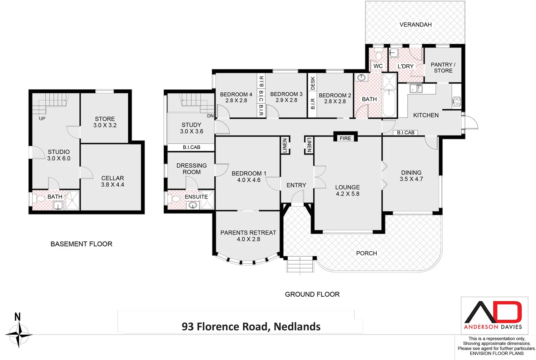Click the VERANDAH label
[x=415, y=25]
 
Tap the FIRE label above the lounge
[x=345, y=138]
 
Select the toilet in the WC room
[x=378, y=55]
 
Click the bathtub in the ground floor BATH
[x=389, y=103]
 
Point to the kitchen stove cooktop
[x=456, y=101]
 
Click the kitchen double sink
[x=416, y=88]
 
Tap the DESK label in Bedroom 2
[x=313, y=83]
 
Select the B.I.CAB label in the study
[x=192, y=147]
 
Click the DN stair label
[x=210, y=116]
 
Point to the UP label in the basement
[x=42, y=118]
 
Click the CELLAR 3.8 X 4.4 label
[x=113, y=181]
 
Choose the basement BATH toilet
[x=40, y=198]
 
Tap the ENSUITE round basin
[x=193, y=205]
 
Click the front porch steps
[x=299, y=265]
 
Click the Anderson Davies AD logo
[x=493, y=312]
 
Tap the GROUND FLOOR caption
[x=312, y=294]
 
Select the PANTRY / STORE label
[x=443, y=68]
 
